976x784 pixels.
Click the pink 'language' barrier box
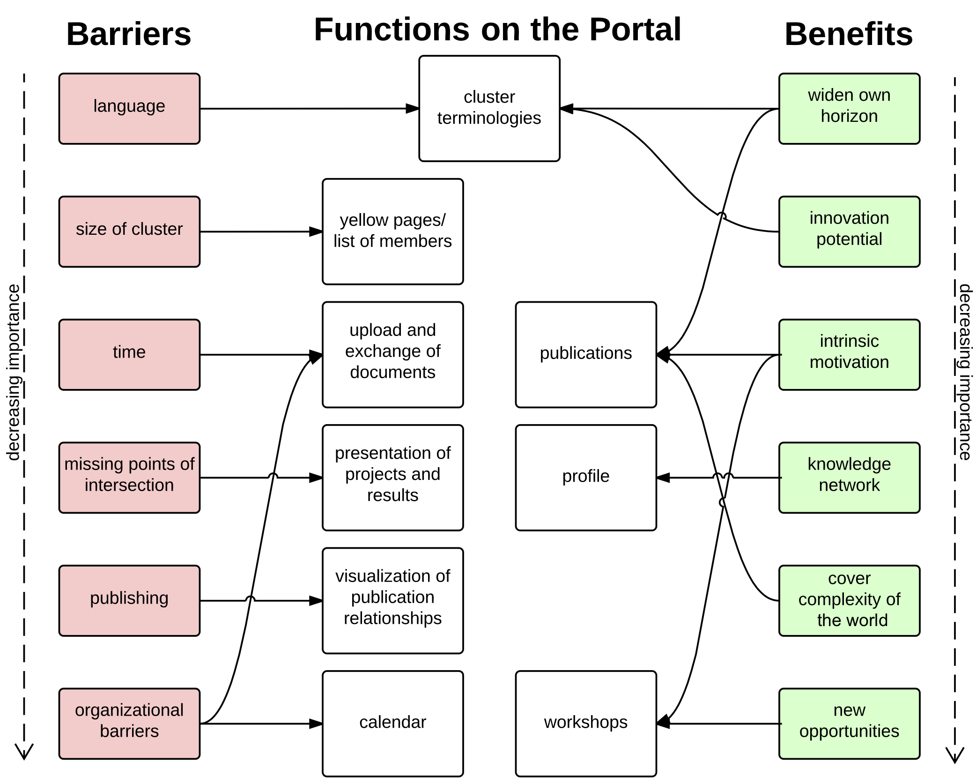129,108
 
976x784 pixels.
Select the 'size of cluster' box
129,231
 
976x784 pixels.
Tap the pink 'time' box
129,354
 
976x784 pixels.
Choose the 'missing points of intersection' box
129,478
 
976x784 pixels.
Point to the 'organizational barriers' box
129,723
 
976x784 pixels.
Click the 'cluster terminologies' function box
489,108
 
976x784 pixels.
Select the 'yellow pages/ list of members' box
392,231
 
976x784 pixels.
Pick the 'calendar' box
392,723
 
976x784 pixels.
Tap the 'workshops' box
585,723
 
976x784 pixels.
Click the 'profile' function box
585,478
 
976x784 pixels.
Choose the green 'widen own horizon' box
849,108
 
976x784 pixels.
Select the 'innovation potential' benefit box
849,231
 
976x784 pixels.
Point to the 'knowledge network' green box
849,478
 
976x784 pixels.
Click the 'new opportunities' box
849,723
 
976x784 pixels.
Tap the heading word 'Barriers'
129,34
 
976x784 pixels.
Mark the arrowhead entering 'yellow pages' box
316,231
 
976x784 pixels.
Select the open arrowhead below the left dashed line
24,752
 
